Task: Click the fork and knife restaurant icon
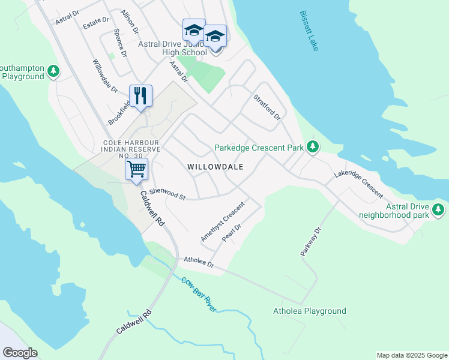(140, 96)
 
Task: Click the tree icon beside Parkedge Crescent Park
(312, 146)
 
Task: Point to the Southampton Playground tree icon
(54, 71)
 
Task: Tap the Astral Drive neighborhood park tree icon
(439, 209)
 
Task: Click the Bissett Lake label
(307, 30)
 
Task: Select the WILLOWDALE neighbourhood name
(215, 167)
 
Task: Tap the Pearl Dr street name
(231, 233)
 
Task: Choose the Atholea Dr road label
(199, 262)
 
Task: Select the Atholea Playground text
(309, 311)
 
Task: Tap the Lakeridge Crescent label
(359, 183)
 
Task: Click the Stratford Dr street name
(267, 107)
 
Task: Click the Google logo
(20, 353)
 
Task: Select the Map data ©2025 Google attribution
(411, 355)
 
